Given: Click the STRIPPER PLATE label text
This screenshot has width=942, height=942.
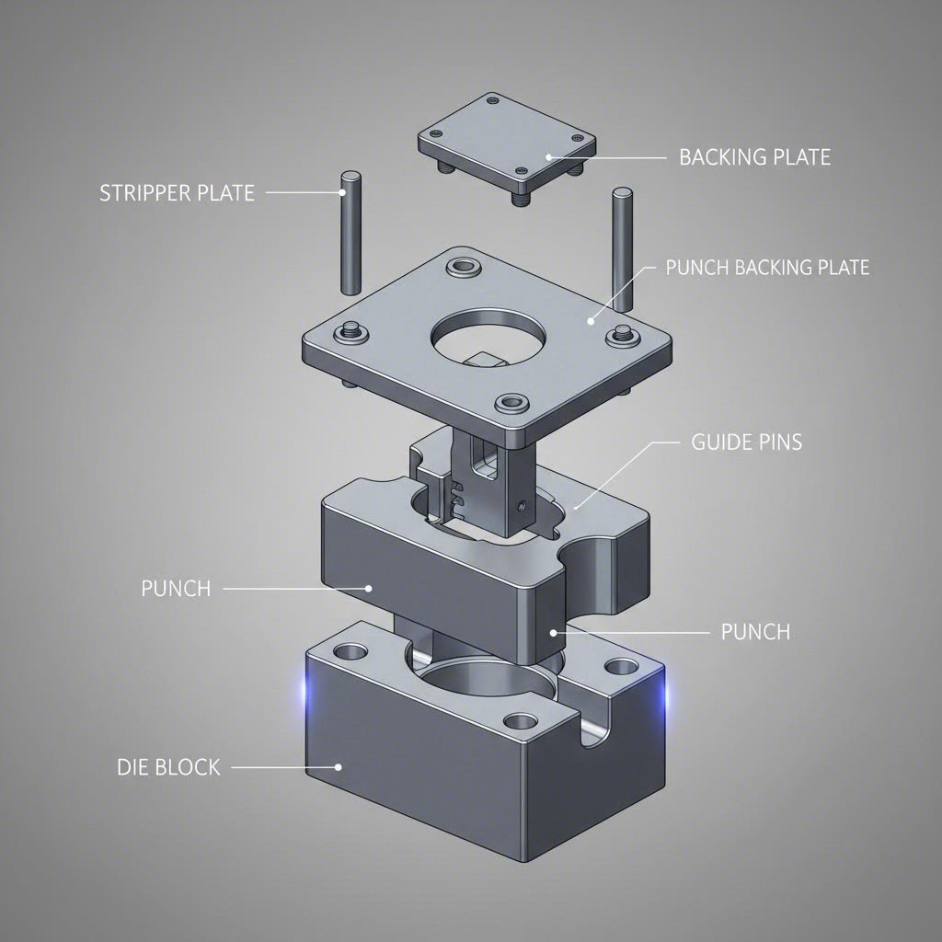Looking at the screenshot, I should pos(177,193).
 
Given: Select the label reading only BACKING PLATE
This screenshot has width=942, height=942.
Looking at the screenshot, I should pos(754,157).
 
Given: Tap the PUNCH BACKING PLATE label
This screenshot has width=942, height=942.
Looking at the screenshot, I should pos(766,268).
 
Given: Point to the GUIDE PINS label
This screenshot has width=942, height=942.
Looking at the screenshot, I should pos(746,442).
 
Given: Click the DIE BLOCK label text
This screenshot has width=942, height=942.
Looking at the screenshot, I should pos(168,766).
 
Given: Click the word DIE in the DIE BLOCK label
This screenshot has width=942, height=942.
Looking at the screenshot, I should pos(132,766).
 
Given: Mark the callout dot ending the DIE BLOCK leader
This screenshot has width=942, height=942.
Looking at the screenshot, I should pos(339,765).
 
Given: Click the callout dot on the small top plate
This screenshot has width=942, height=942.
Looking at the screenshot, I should pos(548,157).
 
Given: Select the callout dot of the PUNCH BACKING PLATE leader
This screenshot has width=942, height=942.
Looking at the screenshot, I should pos(590,321).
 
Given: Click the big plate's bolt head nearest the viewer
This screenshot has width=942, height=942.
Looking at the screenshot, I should pos(511,403).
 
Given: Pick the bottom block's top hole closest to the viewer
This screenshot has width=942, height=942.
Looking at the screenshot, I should pos(521,721).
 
